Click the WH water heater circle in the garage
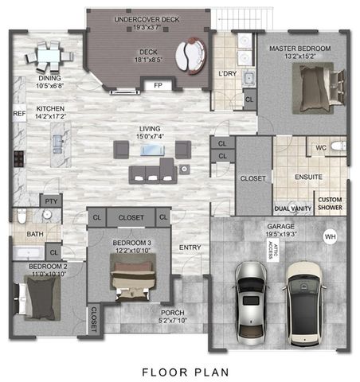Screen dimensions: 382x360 point(329,236)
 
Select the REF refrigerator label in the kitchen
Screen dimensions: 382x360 point(19,114)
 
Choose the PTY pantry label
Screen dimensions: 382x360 point(52,202)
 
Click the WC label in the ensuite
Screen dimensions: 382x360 point(321,148)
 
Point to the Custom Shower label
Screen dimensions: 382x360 point(330,203)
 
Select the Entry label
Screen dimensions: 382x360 point(190,248)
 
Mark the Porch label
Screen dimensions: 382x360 point(173,317)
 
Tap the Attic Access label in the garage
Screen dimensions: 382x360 point(269,251)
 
